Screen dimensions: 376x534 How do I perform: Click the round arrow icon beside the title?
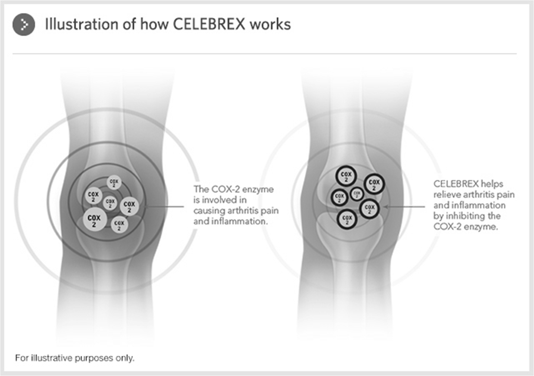click(24, 25)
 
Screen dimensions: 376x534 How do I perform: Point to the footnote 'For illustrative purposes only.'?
click(75, 358)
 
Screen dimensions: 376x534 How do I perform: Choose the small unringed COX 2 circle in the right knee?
click(356, 194)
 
